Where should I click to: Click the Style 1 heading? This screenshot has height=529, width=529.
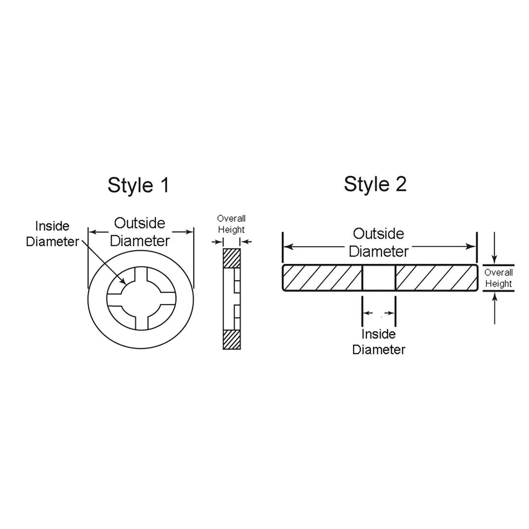(138, 185)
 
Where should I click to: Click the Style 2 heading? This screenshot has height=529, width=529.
(375, 184)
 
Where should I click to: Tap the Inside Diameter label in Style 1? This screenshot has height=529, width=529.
(52, 234)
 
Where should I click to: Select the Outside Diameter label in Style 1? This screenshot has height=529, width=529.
(139, 232)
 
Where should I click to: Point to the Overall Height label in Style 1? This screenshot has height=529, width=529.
(231, 224)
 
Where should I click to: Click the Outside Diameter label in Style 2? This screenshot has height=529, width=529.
(378, 242)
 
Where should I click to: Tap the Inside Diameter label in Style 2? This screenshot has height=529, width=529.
(378, 342)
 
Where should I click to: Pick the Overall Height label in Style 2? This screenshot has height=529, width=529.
(498, 278)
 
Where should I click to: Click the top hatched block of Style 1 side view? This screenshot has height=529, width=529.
(232, 258)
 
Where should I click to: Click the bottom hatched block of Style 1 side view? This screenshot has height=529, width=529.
(232, 339)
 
